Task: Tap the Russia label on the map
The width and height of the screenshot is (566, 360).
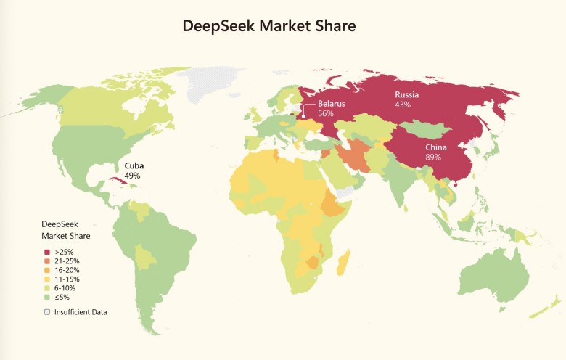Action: tap(406, 95)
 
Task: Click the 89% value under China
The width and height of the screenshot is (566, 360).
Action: tap(434, 157)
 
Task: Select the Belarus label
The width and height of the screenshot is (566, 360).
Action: tap(331, 104)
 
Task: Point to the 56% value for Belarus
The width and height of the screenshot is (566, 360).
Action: tap(326, 114)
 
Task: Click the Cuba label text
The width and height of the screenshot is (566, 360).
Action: tap(134, 165)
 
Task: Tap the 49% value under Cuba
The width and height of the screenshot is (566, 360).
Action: tap(132, 176)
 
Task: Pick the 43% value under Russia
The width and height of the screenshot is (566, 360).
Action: tap(403, 105)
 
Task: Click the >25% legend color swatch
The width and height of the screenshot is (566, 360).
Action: tap(47, 252)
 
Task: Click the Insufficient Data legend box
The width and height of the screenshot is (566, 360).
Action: tap(47, 312)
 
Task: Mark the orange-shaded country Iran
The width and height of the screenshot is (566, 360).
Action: tap(353, 155)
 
